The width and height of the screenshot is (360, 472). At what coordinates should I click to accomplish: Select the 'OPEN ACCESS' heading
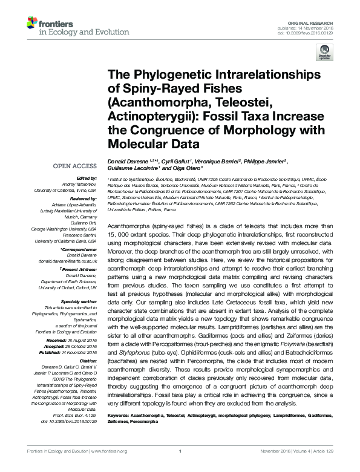tap(75, 165)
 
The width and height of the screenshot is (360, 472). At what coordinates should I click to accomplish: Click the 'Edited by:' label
tap(85, 179)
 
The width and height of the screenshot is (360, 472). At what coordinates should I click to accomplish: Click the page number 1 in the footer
tap(180, 467)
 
